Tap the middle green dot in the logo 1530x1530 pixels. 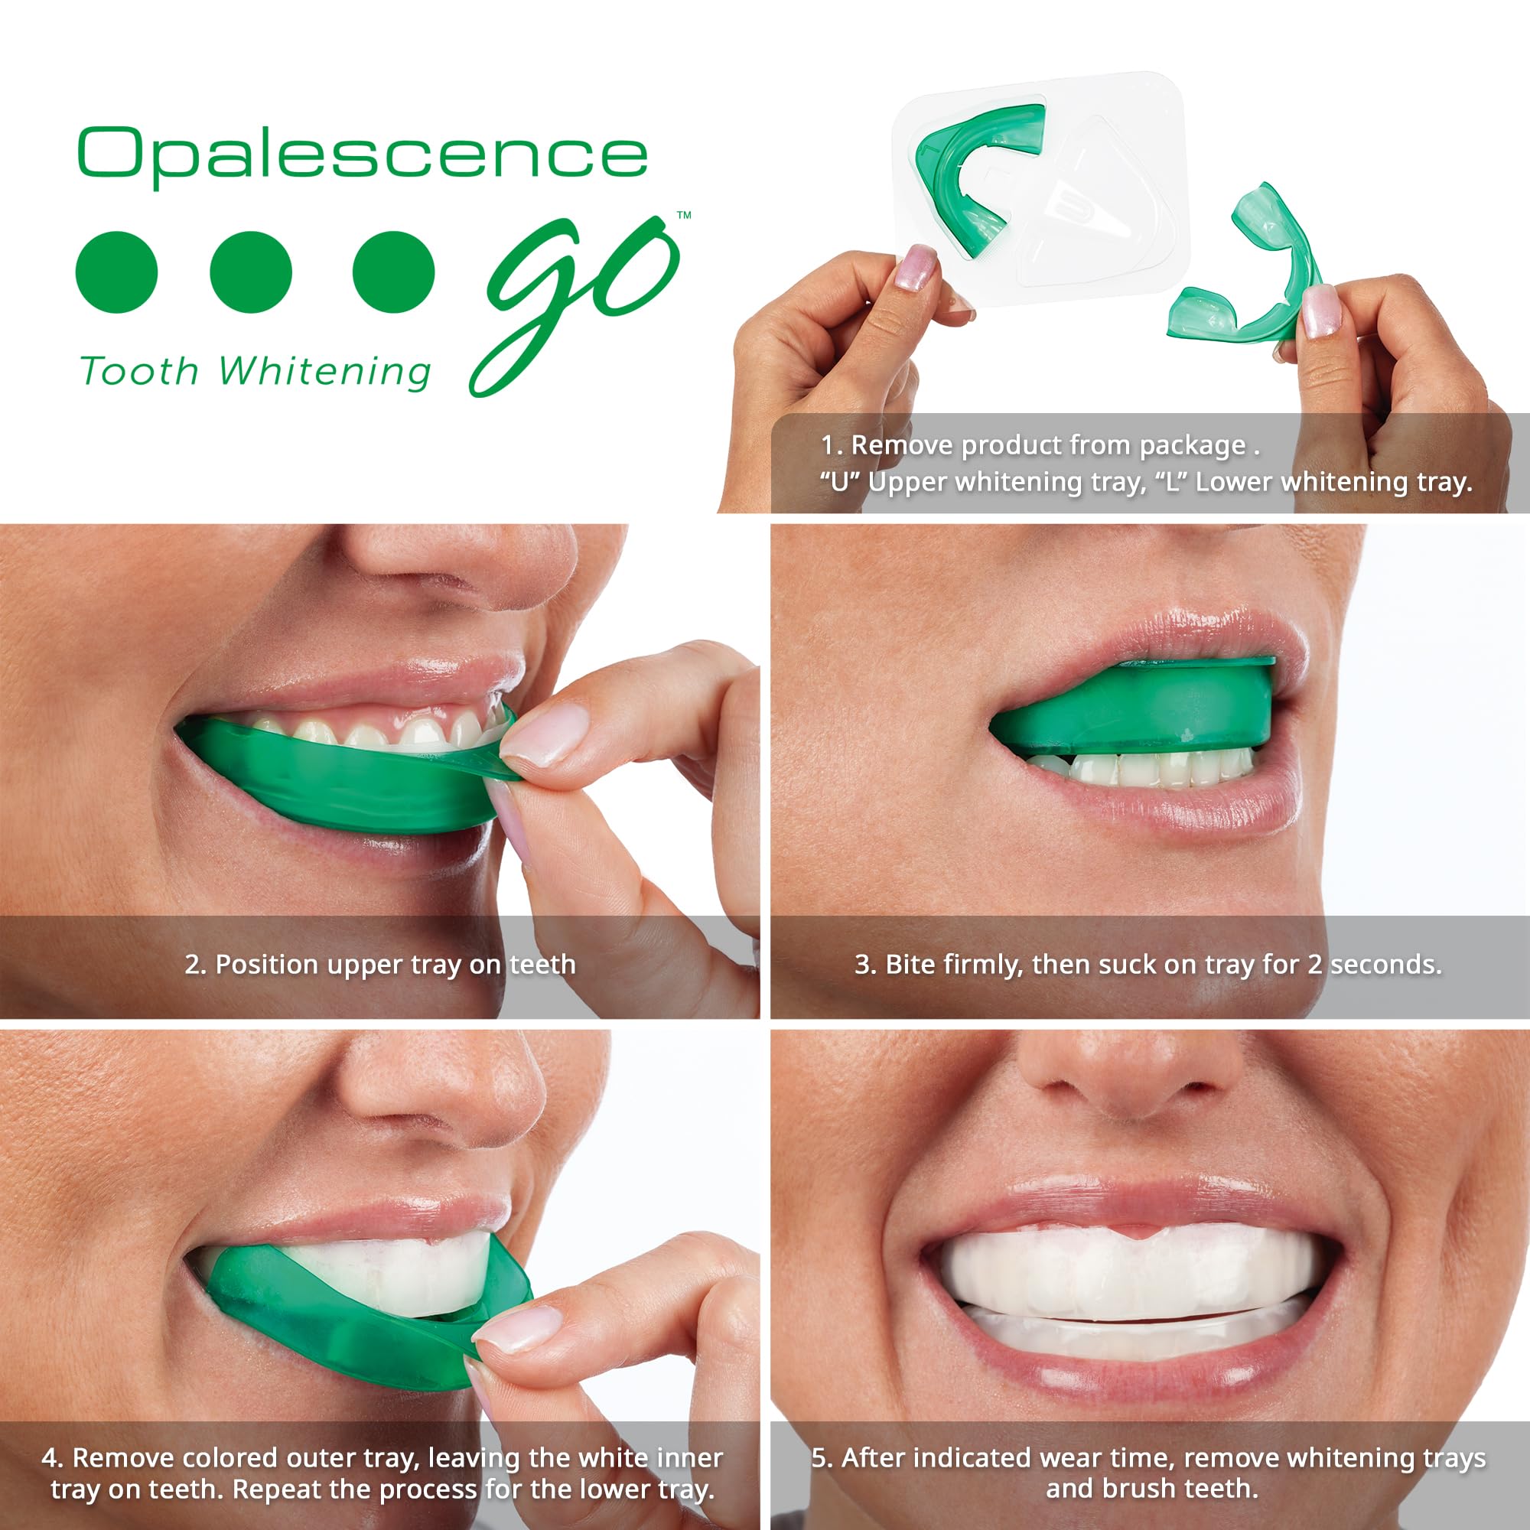click(251, 272)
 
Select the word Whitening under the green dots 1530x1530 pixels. click(324, 372)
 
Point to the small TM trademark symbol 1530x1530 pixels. click(684, 215)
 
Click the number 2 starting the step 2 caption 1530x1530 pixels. click(193, 965)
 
